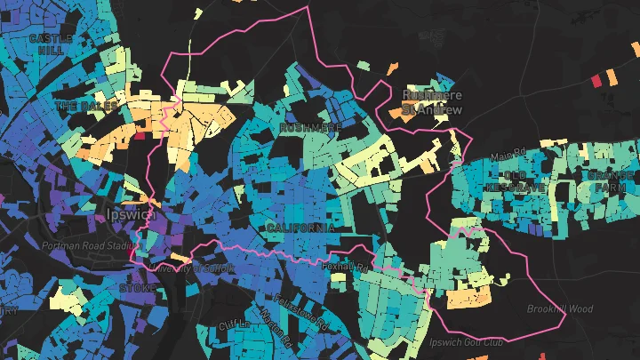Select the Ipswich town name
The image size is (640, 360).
(x=128, y=215)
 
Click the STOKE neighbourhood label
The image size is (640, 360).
(x=138, y=289)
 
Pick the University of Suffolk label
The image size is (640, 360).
(x=192, y=268)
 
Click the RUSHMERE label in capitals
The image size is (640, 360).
(x=310, y=128)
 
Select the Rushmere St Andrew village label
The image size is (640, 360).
(x=432, y=101)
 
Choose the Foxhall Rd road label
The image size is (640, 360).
(x=346, y=266)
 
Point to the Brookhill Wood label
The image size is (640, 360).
(x=559, y=309)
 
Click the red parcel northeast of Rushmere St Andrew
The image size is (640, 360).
(x=596, y=81)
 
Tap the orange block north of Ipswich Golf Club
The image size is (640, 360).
(x=468, y=297)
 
